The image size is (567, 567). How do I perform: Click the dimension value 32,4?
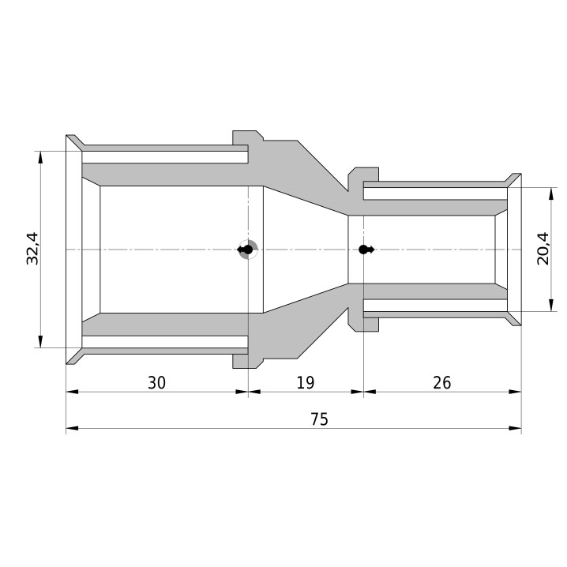coord(32,249)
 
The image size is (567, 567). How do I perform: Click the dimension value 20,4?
coord(543,249)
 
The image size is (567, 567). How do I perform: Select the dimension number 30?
coord(156,382)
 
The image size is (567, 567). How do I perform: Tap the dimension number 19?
coord(306,382)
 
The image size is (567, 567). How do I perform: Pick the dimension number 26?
coord(442,382)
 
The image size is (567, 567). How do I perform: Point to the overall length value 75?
coord(319,419)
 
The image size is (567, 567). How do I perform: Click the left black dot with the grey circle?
coord(248,250)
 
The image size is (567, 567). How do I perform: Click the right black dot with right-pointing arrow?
coord(366,250)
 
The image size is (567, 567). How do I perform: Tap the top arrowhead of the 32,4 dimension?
coord(40,158)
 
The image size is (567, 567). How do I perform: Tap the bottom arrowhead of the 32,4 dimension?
coord(40,341)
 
